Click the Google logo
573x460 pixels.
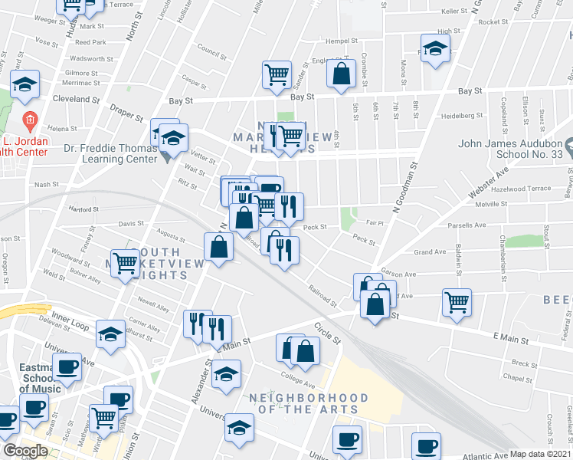(x=25, y=451)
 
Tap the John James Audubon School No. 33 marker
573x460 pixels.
(x=568, y=144)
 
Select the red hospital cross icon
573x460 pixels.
(x=30, y=120)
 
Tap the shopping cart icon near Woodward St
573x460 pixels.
(x=125, y=262)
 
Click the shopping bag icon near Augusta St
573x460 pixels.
(x=218, y=247)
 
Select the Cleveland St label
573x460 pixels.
(x=77, y=100)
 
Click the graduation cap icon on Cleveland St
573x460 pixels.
(x=25, y=84)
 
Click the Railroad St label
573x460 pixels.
(x=322, y=294)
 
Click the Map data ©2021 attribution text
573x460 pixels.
(x=539, y=454)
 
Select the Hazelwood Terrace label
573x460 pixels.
(x=523, y=188)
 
